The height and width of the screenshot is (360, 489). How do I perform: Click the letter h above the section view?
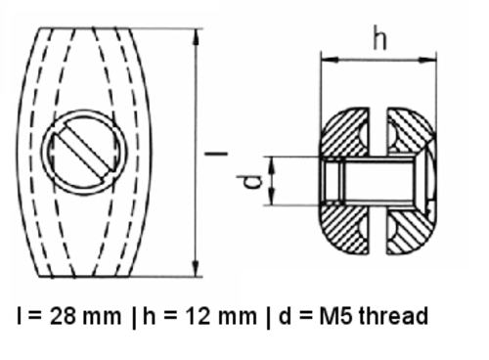click(379, 37)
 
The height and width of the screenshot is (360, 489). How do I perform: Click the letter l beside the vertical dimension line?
click(216, 153)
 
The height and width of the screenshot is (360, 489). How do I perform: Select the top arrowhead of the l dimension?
click(196, 36)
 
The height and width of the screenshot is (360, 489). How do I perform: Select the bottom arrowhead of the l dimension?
click(196, 269)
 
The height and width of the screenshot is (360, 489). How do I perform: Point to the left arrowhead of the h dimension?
click(330, 60)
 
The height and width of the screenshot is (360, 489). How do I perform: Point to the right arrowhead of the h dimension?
click(428, 60)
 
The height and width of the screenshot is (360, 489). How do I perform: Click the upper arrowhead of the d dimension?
click(273, 163)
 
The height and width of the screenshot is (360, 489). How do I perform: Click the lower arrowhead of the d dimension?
click(273, 199)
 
